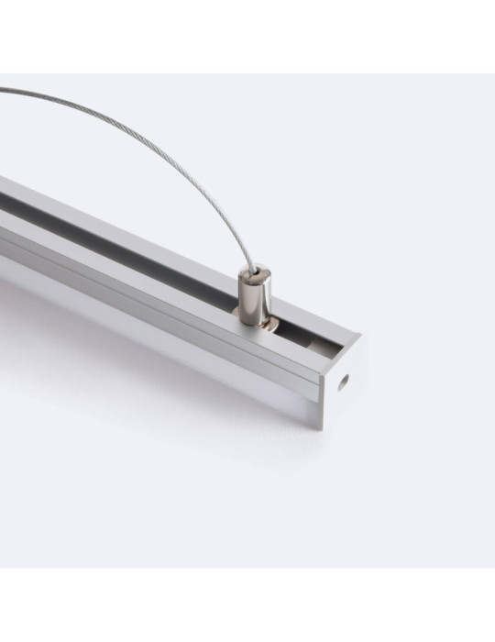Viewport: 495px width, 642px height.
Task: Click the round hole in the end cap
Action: pos(346,378)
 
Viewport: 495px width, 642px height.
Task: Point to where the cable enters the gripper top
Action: pos(251,267)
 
